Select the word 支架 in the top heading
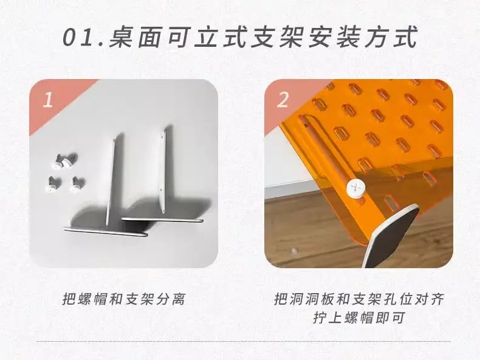coord(278,37)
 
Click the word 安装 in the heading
coord(334,37)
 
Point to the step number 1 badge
coord(47,100)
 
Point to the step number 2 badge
coord(283,100)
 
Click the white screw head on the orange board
coord(355,188)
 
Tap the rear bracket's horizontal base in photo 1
coord(163,220)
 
